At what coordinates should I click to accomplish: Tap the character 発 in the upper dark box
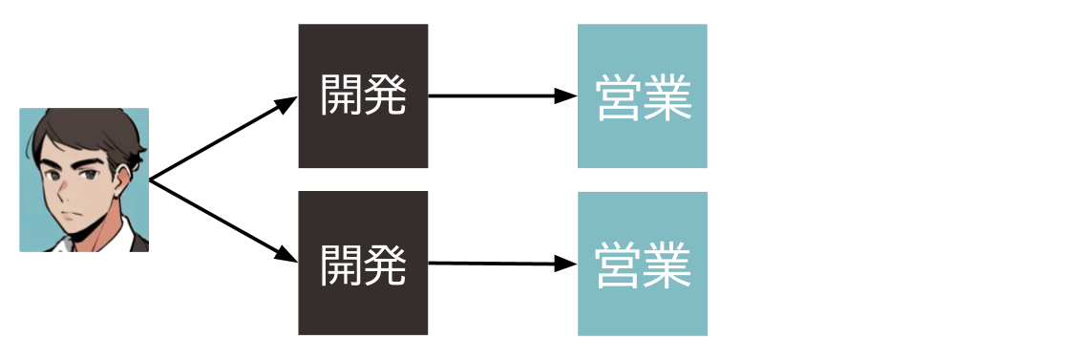pyautogui.click(x=385, y=95)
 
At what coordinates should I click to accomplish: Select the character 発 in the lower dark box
pyautogui.click(x=385, y=264)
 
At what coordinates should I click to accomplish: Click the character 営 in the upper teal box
pyautogui.click(x=619, y=97)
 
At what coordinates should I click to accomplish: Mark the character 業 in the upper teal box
pyautogui.click(x=667, y=97)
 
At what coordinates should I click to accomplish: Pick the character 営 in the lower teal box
pyautogui.click(x=619, y=265)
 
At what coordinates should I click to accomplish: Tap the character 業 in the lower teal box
pyautogui.click(x=667, y=265)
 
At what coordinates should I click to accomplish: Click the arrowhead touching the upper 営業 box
pyautogui.click(x=567, y=95)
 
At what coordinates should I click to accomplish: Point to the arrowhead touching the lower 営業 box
pyautogui.click(x=567, y=264)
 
